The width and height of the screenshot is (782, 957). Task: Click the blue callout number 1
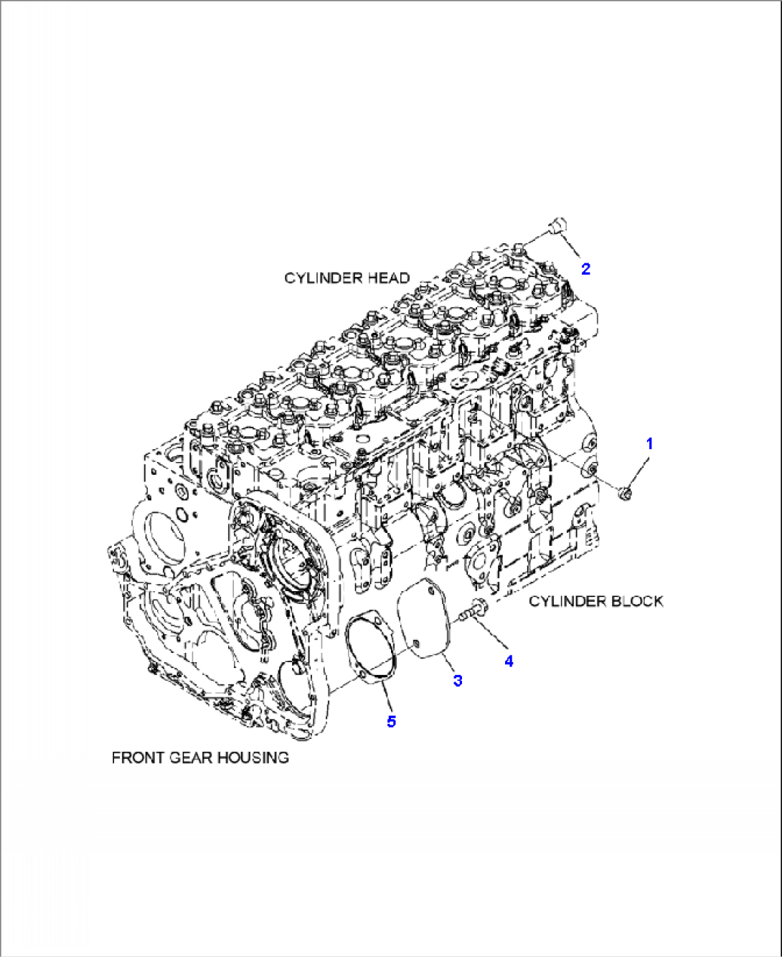pyautogui.click(x=649, y=443)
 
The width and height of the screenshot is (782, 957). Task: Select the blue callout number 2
pyautogui.click(x=585, y=269)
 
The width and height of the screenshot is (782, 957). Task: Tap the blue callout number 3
pyautogui.click(x=457, y=680)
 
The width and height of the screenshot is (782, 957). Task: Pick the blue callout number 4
pyautogui.click(x=509, y=661)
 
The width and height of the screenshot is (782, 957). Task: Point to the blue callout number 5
pyautogui.click(x=391, y=721)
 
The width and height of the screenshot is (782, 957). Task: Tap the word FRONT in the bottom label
pyautogui.click(x=138, y=758)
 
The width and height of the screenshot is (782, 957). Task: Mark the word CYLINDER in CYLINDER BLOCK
pyautogui.click(x=565, y=601)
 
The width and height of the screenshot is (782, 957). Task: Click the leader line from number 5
pyautogui.click(x=386, y=697)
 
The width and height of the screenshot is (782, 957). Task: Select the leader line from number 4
pyautogui.click(x=494, y=635)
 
